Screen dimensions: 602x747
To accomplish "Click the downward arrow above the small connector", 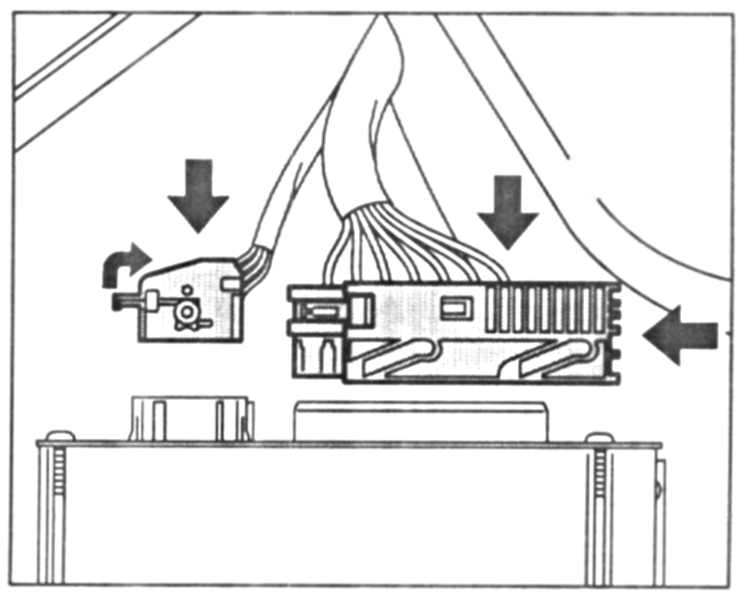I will [198, 198].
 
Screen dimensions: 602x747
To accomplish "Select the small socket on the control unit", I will [190, 418].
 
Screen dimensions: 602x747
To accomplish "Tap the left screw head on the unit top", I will [60, 437].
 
